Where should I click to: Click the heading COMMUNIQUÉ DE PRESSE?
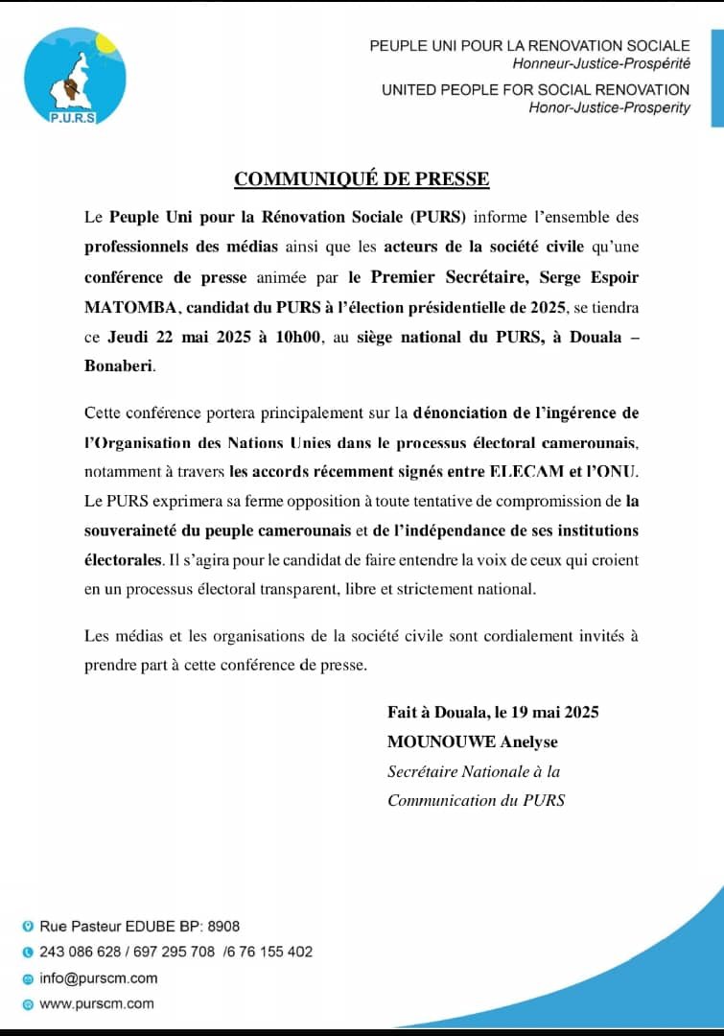362,178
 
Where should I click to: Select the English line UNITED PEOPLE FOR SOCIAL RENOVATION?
535,89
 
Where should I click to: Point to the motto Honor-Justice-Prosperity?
609,107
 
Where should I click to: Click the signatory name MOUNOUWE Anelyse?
472,742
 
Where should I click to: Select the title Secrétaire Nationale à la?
474,771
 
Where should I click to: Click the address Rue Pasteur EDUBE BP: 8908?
139,926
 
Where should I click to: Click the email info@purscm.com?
98,978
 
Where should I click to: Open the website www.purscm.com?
96,1003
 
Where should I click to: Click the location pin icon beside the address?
28,926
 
